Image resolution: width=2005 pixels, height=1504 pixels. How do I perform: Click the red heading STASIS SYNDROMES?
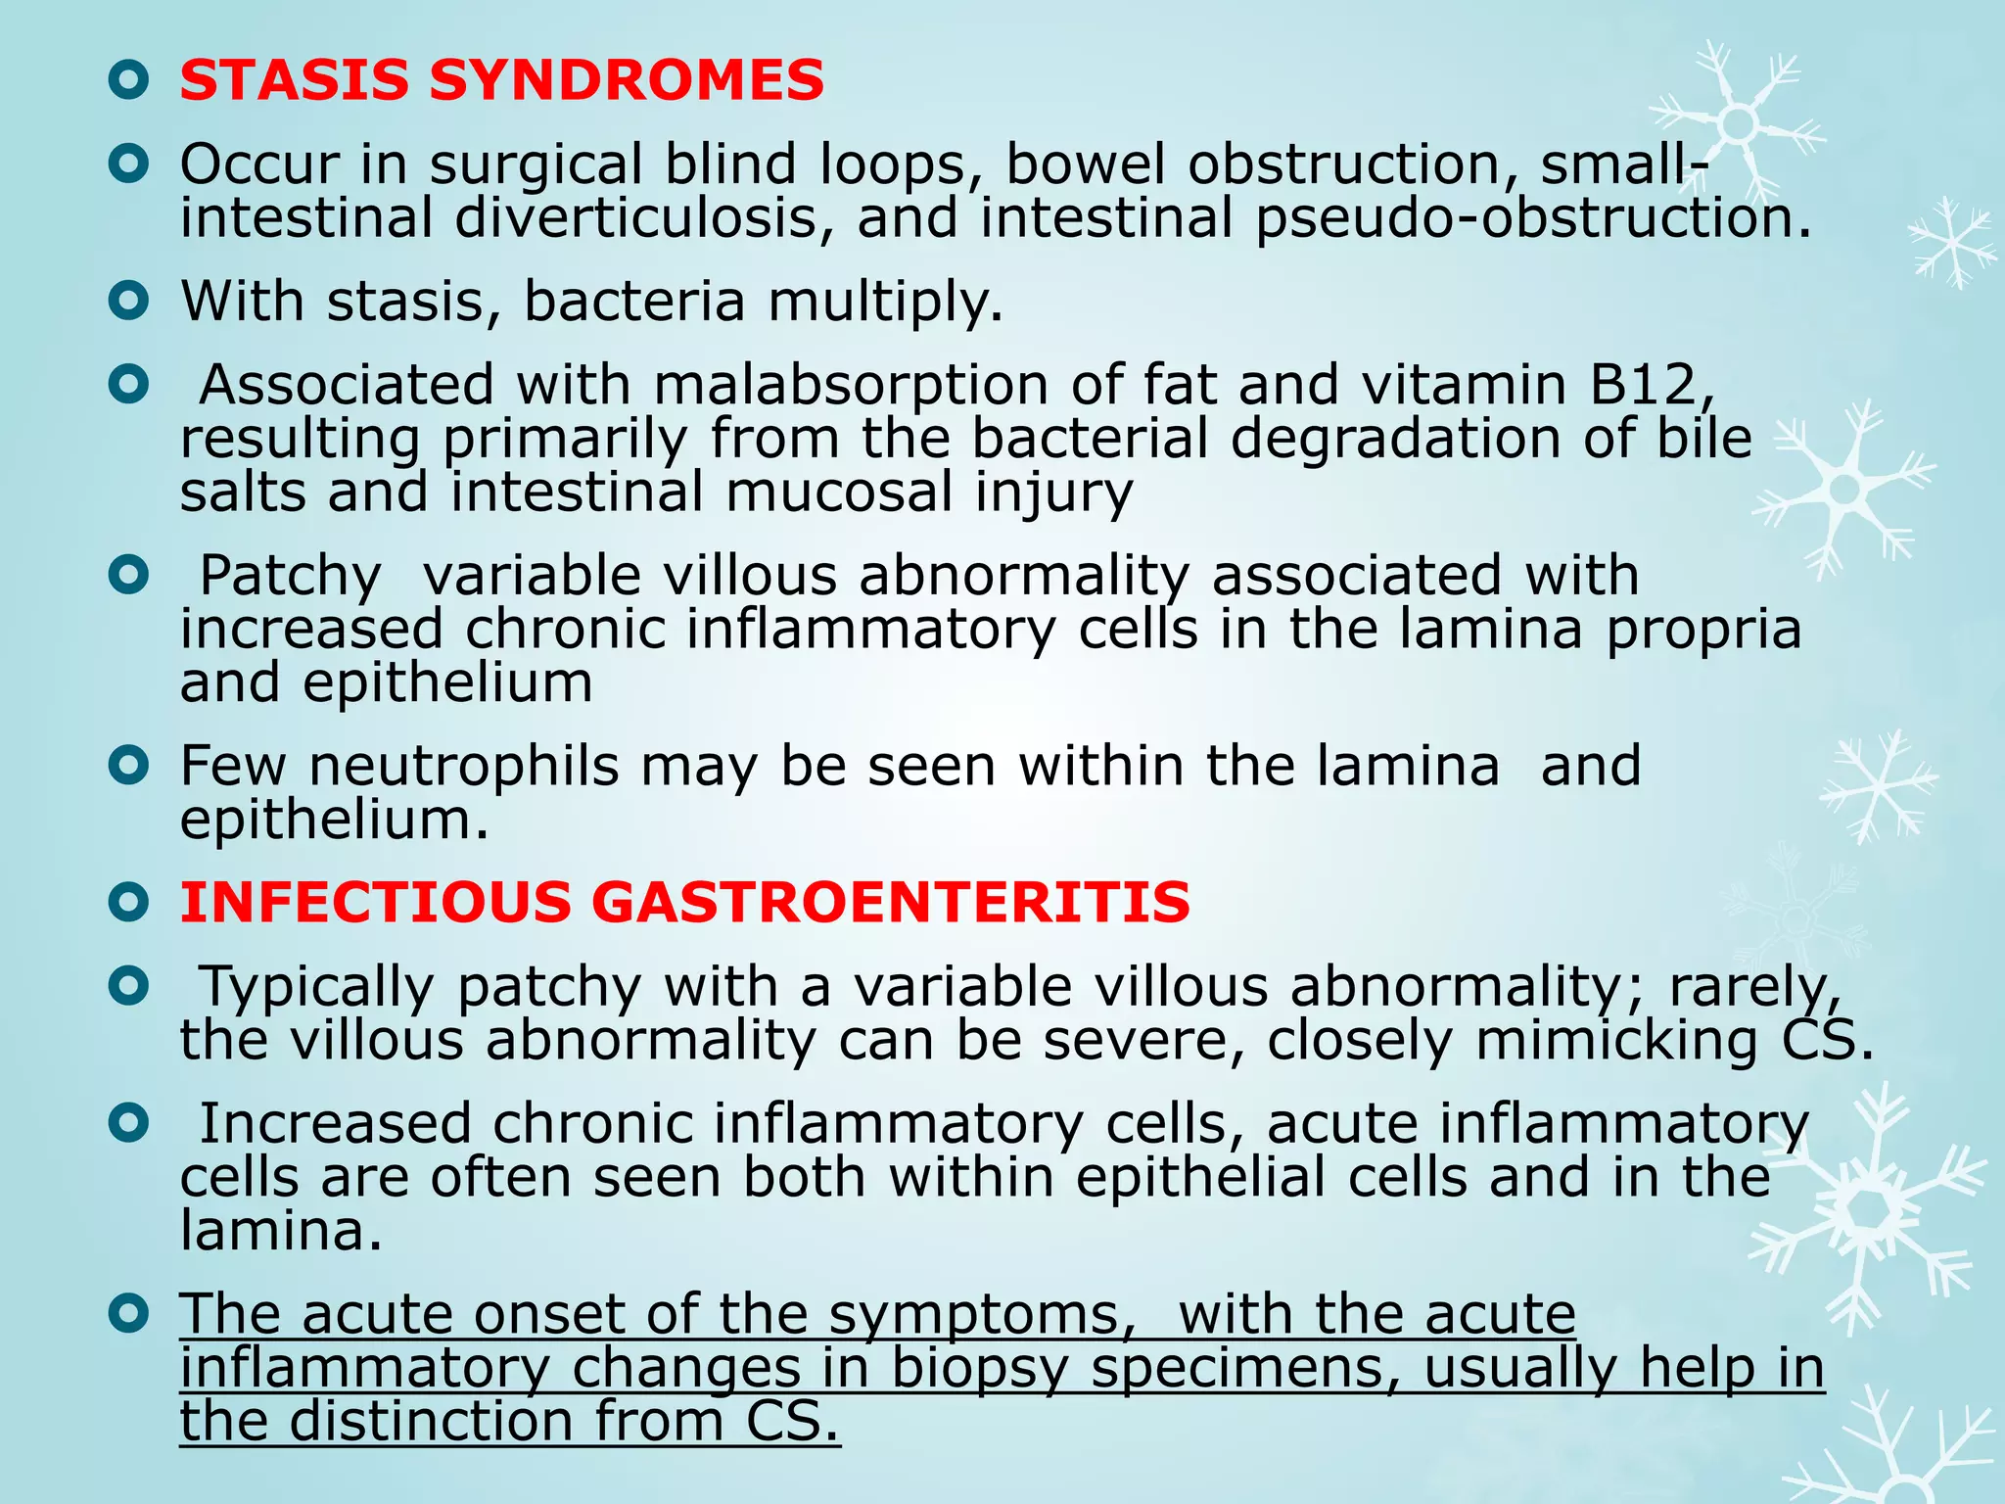click(x=501, y=80)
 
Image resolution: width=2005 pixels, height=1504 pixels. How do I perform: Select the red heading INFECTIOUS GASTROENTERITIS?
click(x=684, y=902)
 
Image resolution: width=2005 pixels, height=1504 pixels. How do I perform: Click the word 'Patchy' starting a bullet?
click(x=290, y=575)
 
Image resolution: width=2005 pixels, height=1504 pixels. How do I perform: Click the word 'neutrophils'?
click(x=464, y=766)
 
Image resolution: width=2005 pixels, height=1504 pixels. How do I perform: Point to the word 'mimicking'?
click(x=1616, y=1040)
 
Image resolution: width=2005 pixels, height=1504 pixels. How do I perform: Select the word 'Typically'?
click(x=316, y=986)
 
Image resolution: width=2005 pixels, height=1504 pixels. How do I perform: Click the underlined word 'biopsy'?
click(x=979, y=1369)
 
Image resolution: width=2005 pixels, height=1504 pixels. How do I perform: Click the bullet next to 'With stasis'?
click(x=128, y=302)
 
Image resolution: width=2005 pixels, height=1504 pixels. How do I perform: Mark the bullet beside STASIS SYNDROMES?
click(x=128, y=81)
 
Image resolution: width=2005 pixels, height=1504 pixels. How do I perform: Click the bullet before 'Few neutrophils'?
click(x=128, y=766)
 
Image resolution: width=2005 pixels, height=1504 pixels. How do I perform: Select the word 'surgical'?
click(x=536, y=164)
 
